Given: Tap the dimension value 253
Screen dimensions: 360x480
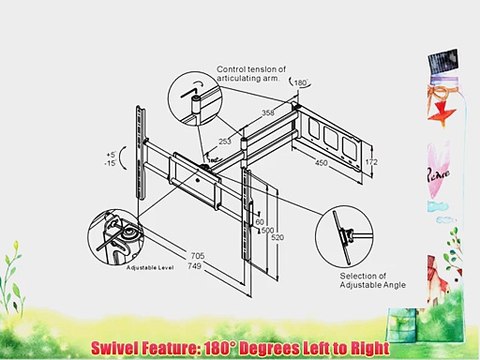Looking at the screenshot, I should point(227,143).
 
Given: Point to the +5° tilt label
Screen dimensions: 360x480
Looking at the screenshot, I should point(111,155).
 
